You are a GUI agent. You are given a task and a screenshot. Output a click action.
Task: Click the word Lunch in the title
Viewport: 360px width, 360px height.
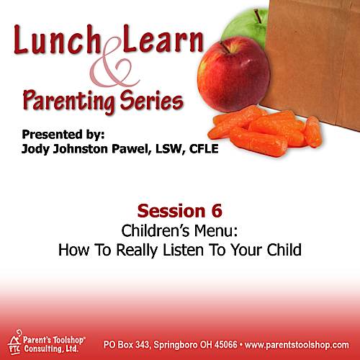coord(57,40)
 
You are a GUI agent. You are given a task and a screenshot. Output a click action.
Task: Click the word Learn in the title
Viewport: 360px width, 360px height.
coord(163,38)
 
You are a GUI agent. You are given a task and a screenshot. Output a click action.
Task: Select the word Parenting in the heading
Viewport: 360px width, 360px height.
coord(69,101)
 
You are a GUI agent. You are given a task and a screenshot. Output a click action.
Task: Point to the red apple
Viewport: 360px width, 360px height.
coord(233,74)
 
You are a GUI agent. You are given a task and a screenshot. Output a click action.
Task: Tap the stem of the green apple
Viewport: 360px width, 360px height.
coord(258,16)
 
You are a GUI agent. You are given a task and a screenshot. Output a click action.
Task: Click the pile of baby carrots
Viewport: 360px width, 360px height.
coord(265,131)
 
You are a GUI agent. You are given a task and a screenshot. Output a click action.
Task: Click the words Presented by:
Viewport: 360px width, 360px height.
coord(63,135)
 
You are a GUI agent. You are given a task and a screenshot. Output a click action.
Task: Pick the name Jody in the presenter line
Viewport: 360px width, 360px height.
coord(35,149)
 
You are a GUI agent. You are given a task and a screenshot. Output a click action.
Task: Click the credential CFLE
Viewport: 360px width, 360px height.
coord(204,149)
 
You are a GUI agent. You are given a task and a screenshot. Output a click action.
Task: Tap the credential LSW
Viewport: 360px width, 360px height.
coord(169,149)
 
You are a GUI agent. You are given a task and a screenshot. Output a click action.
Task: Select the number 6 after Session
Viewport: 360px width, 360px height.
coord(217,211)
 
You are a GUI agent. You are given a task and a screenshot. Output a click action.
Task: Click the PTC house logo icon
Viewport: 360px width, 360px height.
coord(14,341)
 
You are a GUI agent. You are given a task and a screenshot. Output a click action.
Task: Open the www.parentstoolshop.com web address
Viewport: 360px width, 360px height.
coord(297,345)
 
